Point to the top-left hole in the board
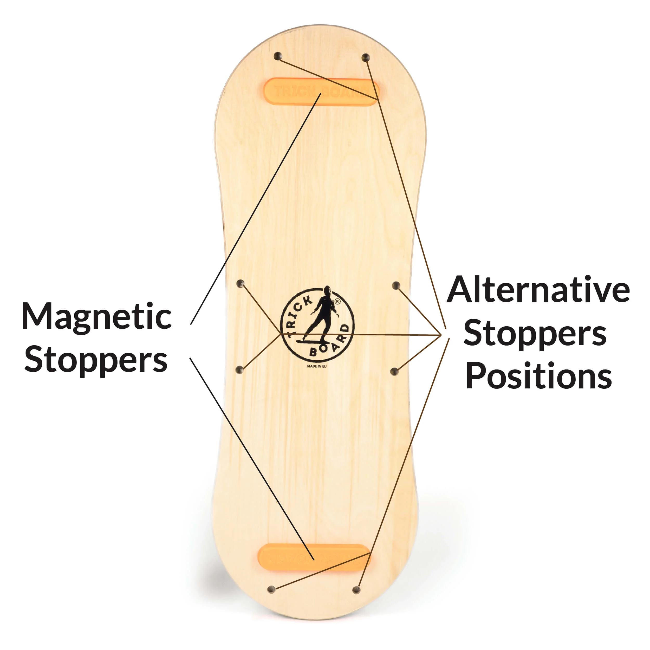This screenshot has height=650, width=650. [x=278, y=56]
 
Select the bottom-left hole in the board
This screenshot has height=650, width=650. [x=271, y=589]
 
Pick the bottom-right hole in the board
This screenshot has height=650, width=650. [x=356, y=590]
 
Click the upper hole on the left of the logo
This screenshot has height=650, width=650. [x=240, y=284]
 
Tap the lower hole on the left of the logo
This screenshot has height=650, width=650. [x=239, y=370]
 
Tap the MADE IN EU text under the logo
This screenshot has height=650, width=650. [x=317, y=366]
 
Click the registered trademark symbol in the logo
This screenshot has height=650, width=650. [x=337, y=302]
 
